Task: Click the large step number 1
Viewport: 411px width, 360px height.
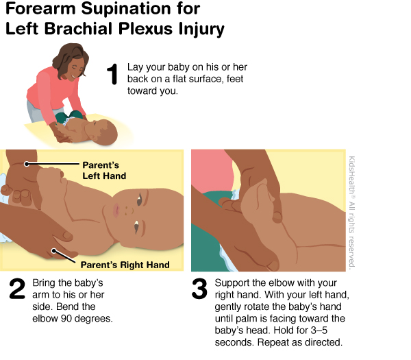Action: coord(113,74)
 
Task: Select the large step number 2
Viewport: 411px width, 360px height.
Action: coord(17,289)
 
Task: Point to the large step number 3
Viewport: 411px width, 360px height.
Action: coord(199,289)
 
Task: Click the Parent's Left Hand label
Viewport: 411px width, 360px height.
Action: coord(104,170)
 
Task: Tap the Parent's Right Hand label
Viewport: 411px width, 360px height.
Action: coord(125,265)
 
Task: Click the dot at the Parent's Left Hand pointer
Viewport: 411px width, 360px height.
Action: coord(27,164)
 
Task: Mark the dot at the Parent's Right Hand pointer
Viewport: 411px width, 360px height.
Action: coord(53,251)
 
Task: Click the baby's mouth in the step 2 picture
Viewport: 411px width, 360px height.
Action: coord(116,211)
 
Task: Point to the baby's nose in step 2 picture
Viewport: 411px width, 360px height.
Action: coord(127,211)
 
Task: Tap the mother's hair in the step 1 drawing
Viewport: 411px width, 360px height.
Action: coord(69,59)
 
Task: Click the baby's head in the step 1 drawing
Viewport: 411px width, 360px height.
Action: coord(103,132)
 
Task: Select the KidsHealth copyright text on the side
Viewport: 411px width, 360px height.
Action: coord(352,212)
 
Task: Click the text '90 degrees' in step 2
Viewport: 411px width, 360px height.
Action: coord(87,319)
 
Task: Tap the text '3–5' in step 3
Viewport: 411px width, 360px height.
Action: coord(319,331)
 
